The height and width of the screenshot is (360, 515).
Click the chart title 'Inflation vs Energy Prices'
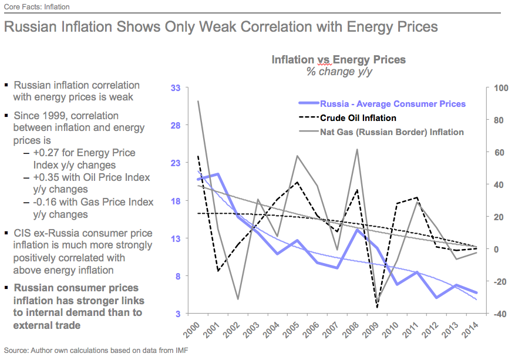click(338, 59)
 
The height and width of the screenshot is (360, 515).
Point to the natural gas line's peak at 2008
click(358, 149)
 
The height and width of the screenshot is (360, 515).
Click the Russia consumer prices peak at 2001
click(218, 174)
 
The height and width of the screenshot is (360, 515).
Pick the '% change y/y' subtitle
click(338, 72)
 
